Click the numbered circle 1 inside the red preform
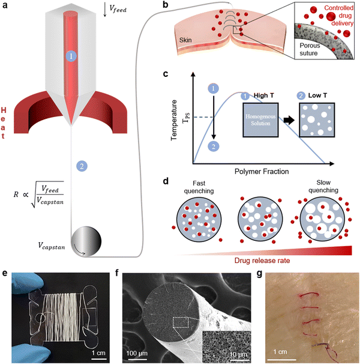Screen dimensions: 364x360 point(72,56)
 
